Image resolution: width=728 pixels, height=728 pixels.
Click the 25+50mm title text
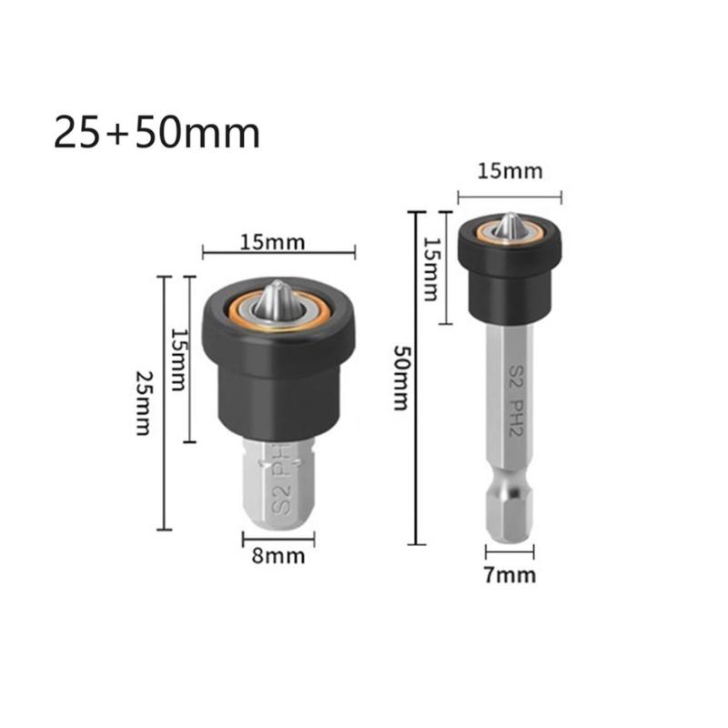coord(157,133)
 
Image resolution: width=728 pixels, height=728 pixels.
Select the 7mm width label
coord(510,574)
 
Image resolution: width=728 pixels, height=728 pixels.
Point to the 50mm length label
coord(401,378)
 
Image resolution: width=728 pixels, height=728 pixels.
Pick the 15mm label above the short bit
coord(273,242)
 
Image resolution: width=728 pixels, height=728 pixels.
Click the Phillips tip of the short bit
coord(277,299)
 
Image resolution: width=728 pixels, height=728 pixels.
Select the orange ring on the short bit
coord(238,314)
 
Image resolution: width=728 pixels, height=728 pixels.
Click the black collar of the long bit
coord(510,273)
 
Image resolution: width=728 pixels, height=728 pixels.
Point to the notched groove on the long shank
coord(510,479)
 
